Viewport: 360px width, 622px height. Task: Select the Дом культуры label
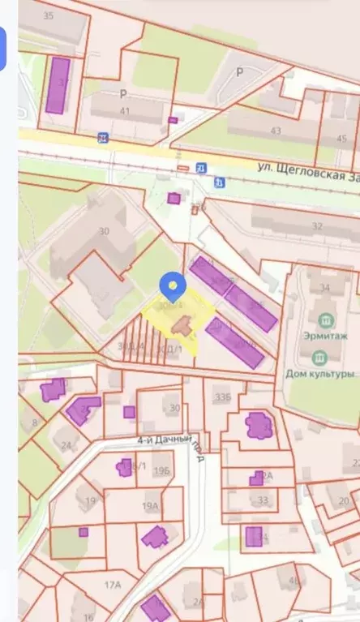point(320,374)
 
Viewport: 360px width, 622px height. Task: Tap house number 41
point(124,111)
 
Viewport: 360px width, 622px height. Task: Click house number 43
point(276,131)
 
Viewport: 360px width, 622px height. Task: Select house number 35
point(48,15)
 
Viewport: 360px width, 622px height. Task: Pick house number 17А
point(113,583)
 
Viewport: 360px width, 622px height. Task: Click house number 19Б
point(161,470)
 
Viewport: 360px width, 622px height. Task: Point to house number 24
point(66,445)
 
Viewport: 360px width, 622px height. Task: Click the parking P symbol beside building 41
point(124,93)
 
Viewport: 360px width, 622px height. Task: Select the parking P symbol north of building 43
point(239,71)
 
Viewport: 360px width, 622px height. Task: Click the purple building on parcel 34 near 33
point(255,536)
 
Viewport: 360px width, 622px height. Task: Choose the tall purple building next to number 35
point(58,84)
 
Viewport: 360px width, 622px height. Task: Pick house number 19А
point(150,506)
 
